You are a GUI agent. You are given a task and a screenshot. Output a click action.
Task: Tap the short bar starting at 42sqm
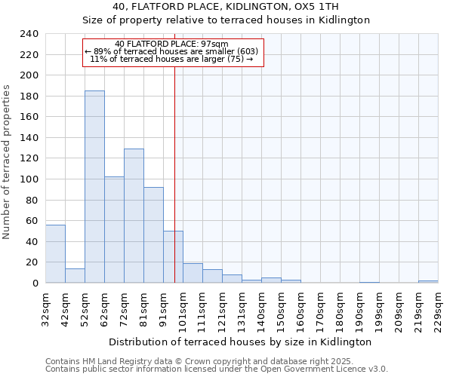click(x=75, y=276)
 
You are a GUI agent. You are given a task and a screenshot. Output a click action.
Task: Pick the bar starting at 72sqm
click(x=134, y=216)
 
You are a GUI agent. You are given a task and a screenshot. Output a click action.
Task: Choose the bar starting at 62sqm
click(x=114, y=230)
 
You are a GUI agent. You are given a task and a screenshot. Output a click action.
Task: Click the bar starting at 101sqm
click(x=193, y=274)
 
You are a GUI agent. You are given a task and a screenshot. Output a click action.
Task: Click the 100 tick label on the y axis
click(x=29, y=179)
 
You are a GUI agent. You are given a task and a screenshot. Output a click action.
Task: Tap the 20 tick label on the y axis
click(x=32, y=262)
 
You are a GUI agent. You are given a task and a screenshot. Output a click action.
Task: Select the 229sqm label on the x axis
click(x=438, y=311)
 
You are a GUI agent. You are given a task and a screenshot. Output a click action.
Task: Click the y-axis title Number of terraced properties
click(x=8, y=161)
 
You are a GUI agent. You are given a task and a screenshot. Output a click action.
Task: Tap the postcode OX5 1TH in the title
click(x=317, y=7)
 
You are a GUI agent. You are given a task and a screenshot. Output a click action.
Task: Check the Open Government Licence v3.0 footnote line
click(x=217, y=369)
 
